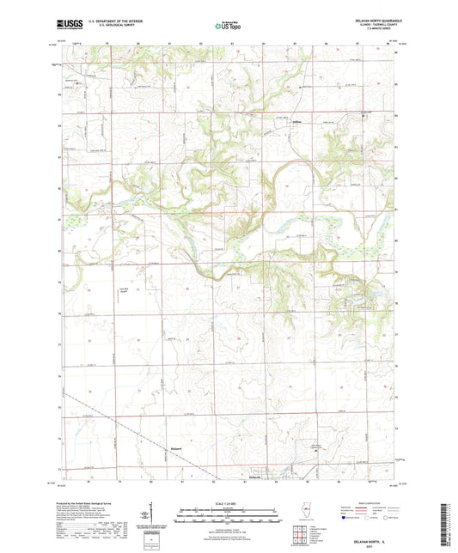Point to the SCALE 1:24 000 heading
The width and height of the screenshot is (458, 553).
[229, 504]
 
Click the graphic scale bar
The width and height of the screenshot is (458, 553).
[229, 512]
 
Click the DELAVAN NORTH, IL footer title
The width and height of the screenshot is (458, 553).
[367, 539]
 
